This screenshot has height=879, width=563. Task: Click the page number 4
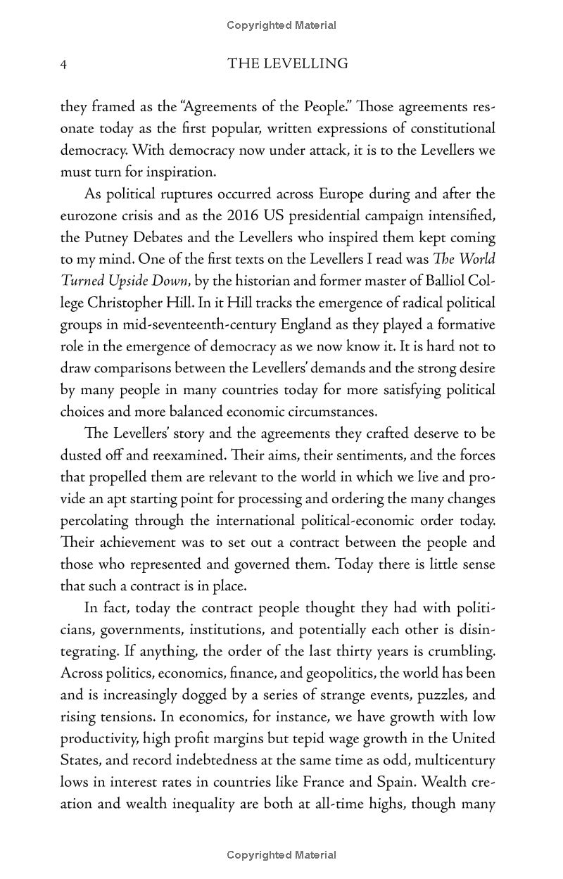[63, 64]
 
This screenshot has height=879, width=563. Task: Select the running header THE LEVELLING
[288, 64]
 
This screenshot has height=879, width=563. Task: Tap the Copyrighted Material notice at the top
[281, 25]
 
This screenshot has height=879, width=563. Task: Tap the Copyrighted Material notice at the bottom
[281, 855]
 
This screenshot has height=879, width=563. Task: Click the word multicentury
[454, 759]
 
